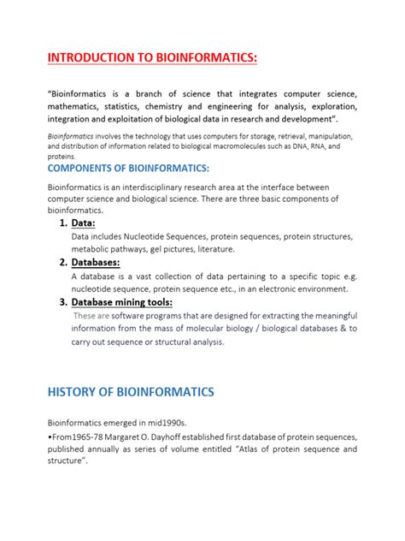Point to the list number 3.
[63, 302]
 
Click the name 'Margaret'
[130, 437]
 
